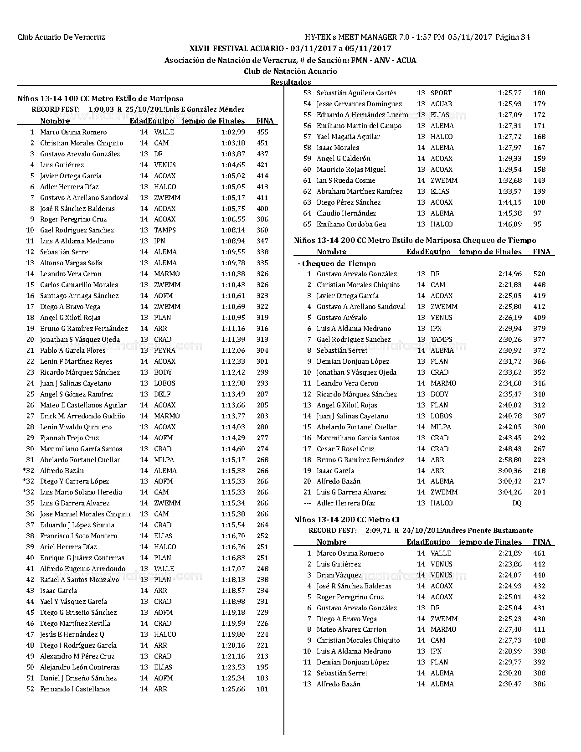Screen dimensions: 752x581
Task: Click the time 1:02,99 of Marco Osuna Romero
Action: click(x=233, y=132)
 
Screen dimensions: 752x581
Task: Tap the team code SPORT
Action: click(x=441, y=93)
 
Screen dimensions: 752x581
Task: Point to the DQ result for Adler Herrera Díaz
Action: click(x=516, y=503)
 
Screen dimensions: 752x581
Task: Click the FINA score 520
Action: click(x=539, y=274)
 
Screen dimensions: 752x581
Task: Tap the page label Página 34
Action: click(x=513, y=37)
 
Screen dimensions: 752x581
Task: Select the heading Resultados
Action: click(x=291, y=82)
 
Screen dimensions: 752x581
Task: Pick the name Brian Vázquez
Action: click(x=339, y=575)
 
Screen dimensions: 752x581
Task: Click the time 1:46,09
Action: click(x=510, y=224)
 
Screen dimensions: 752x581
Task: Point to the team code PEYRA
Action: click(x=165, y=350)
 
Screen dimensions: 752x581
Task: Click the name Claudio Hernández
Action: click(x=346, y=213)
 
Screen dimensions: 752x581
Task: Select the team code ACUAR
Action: click(x=441, y=104)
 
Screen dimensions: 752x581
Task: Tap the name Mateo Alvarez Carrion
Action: click(x=351, y=629)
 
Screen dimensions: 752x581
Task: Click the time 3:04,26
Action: click(x=510, y=492)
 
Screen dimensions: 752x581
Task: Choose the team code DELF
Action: click(x=162, y=394)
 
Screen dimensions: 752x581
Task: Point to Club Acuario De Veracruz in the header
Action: click(x=61, y=37)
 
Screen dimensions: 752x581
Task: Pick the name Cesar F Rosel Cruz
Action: click(x=345, y=449)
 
